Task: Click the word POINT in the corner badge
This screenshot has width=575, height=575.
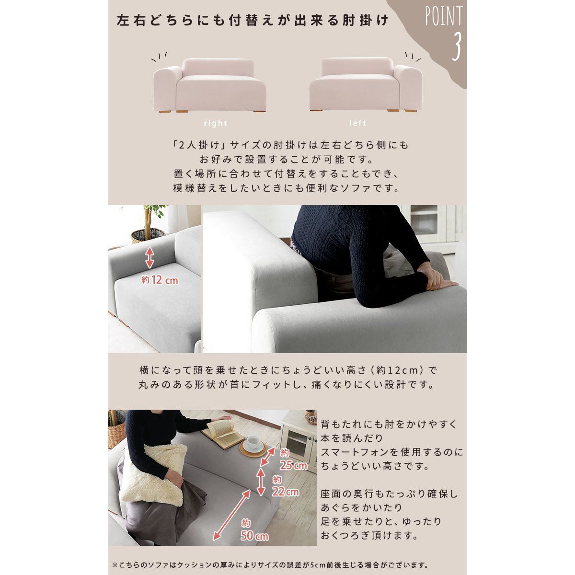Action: pyautogui.click(x=443, y=17)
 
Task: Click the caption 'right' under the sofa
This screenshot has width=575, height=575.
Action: pyautogui.click(x=216, y=123)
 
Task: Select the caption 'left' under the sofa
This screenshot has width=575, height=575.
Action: pyautogui.click(x=358, y=123)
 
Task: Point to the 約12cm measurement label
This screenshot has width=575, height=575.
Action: pyautogui.click(x=160, y=280)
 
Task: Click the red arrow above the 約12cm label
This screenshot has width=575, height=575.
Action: pyautogui.click(x=149, y=257)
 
